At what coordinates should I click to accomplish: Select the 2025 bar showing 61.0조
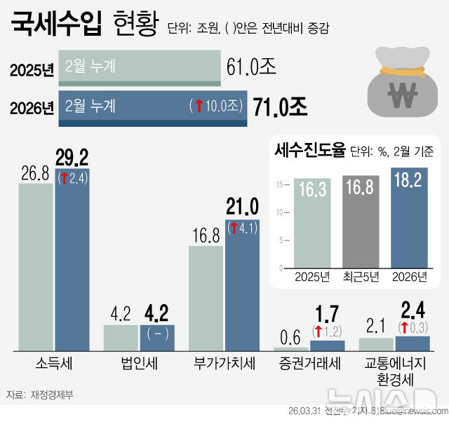pyautogui.click(x=139, y=67)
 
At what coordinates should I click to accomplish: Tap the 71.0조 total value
pyautogui.click(x=280, y=107)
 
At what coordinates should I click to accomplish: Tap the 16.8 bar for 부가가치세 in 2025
pyautogui.click(x=206, y=298)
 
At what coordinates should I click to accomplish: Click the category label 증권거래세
pyautogui.click(x=309, y=363)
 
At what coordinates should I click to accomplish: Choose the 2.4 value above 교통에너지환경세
pyautogui.click(x=412, y=308)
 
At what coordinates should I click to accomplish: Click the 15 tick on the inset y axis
pyautogui.click(x=279, y=185)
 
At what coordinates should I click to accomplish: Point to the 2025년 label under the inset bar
pyautogui.click(x=312, y=277)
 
